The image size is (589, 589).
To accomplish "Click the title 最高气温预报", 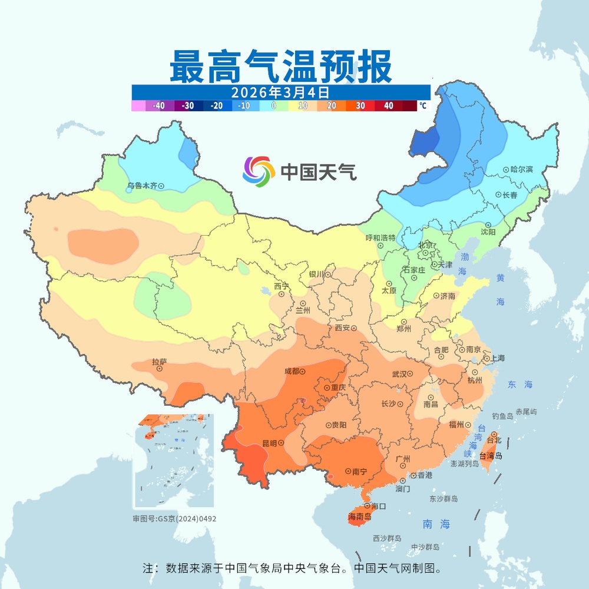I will [x=280, y=67].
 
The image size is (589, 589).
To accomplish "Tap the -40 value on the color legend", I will [x=158, y=106].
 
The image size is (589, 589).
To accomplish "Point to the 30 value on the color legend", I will [x=361, y=106].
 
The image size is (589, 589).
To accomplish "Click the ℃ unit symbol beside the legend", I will [x=422, y=106].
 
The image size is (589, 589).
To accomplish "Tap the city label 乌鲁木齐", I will [x=142, y=186].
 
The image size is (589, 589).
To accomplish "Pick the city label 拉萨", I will [x=159, y=362].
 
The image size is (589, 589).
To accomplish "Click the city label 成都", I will [x=291, y=372].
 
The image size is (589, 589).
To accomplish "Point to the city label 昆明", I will [x=269, y=443].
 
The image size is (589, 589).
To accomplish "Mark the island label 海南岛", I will [x=359, y=517].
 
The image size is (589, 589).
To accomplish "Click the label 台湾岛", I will [x=491, y=455].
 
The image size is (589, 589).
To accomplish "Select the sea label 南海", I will [x=436, y=524].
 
